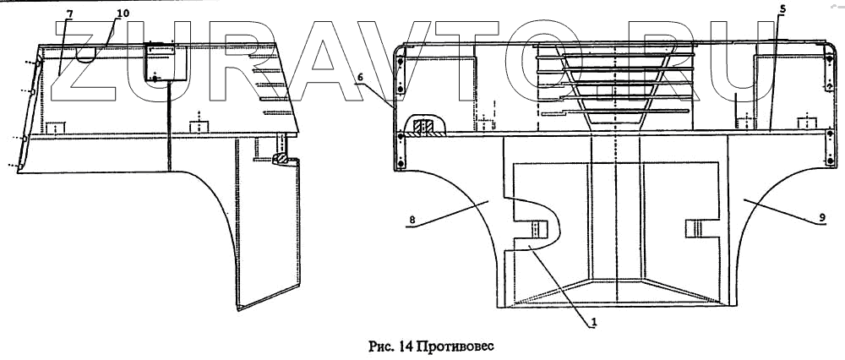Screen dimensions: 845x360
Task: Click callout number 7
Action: (x=70, y=14)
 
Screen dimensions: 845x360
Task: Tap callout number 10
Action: (x=123, y=14)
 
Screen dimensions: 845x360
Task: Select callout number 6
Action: (x=360, y=77)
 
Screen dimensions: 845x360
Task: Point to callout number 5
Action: (x=782, y=9)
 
